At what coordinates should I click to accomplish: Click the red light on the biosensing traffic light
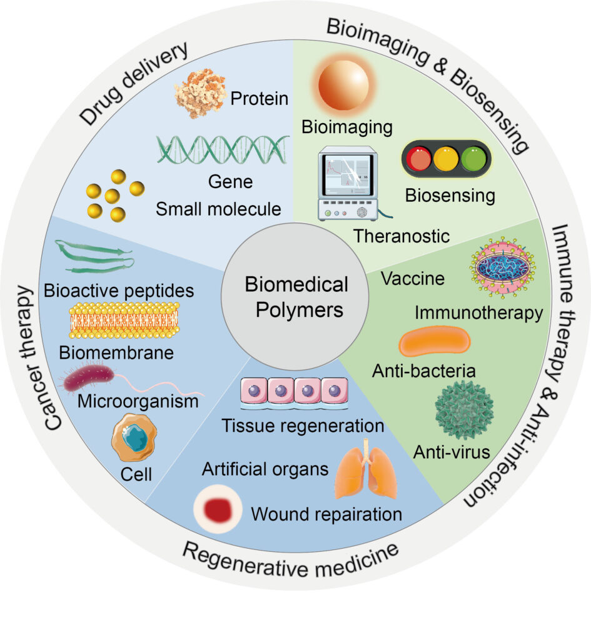(x=420, y=159)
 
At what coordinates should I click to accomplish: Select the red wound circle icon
(x=216, y=510)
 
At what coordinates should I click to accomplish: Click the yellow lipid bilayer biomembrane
(x=124, y=321)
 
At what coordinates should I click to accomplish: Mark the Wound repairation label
(x=326, y=514)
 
